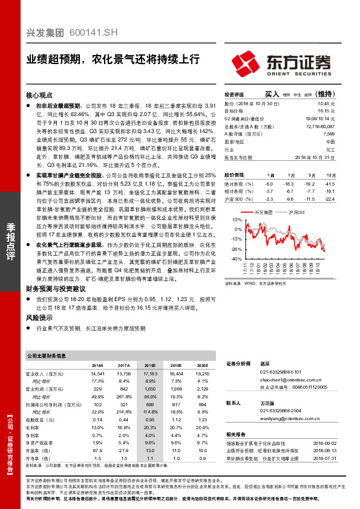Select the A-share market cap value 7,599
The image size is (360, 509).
329,134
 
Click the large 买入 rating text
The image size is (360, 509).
271,94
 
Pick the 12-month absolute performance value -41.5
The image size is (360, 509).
329,183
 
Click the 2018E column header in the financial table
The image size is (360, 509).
150,366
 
